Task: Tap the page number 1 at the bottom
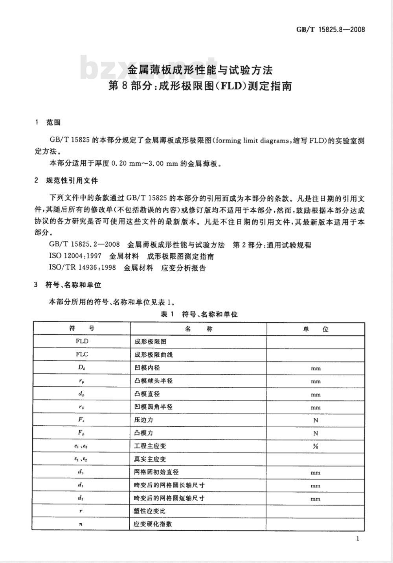(x=357, y=539)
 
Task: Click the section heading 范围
(x=53, y=122)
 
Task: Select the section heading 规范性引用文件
(x=72, y=181)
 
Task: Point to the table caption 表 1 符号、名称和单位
(x=199, y=314)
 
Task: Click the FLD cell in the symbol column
(x=82, y=341)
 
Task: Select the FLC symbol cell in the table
(x=82, y=354)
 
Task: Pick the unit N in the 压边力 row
(x=316, y=420)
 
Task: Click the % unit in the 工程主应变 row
(x=316, y=446)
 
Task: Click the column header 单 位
(x=316, y=329)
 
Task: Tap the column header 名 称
(x=198, y=329)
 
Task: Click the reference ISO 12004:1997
(x=75, y=256)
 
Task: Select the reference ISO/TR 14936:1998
(x=83, y=268)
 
